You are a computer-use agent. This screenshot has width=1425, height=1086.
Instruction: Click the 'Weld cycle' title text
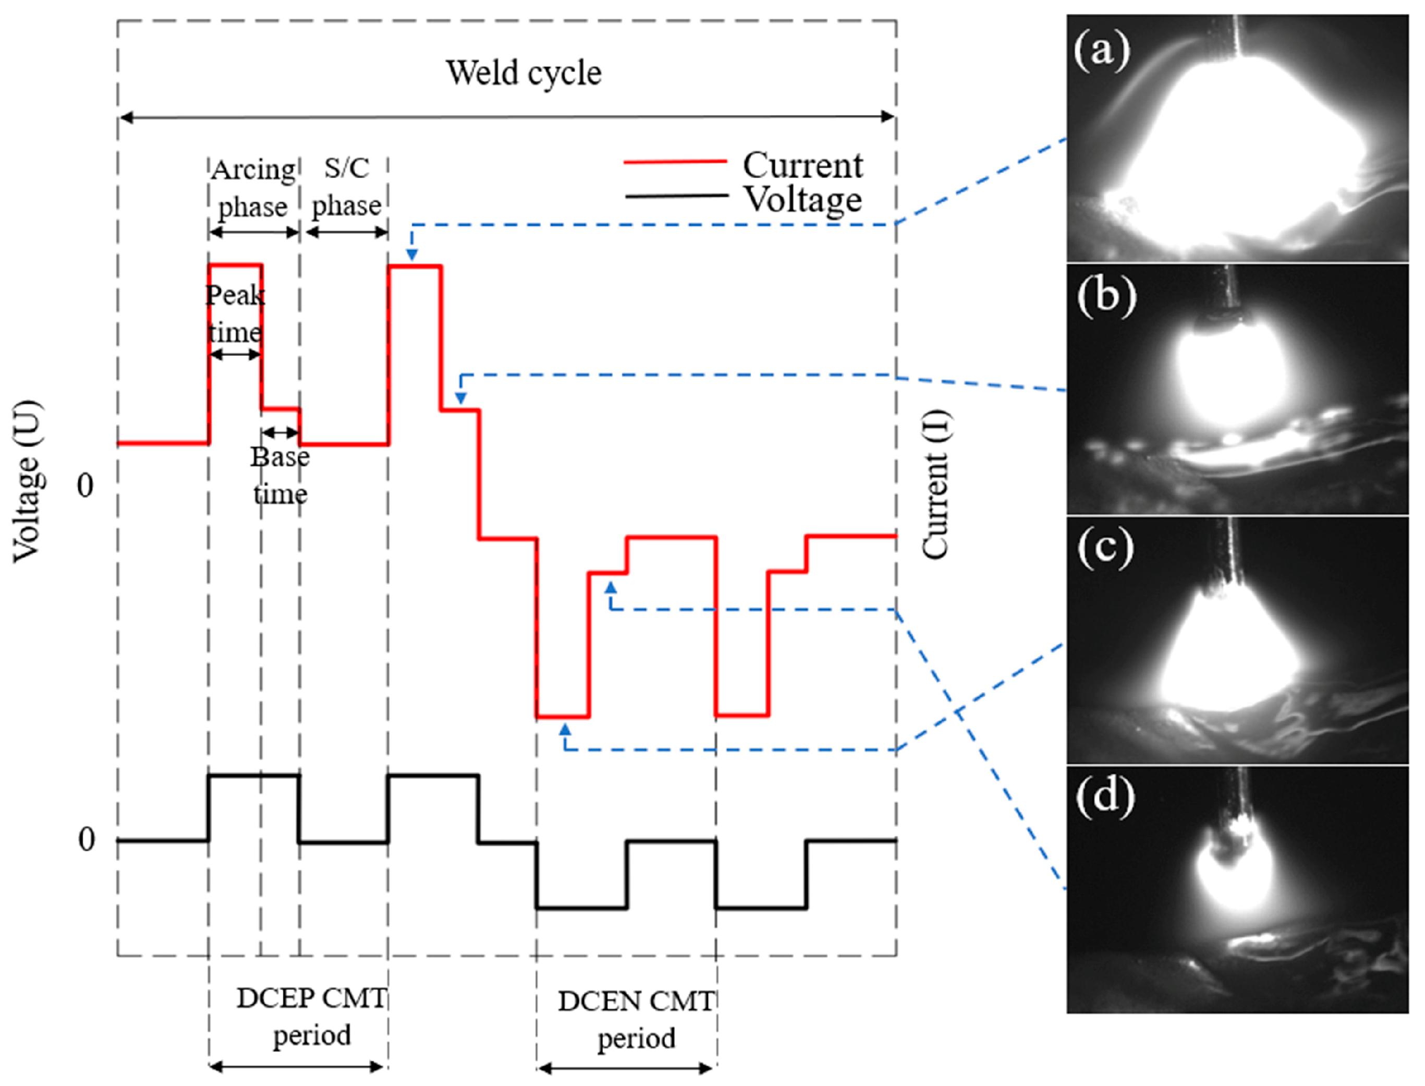click(523, 73)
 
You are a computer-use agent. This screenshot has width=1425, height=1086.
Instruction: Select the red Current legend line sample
click(675, 162)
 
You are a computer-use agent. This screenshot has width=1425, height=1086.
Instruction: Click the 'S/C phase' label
click(347, 187)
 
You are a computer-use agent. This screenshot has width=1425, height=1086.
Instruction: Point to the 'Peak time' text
click(235, 313)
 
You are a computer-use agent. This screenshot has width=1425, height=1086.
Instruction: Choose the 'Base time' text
click(280, 476)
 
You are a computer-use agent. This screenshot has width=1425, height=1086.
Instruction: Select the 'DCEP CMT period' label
click(311, 1017)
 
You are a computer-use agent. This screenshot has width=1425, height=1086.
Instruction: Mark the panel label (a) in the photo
click(1102, 51)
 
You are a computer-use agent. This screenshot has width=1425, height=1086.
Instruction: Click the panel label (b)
click(1106, 297)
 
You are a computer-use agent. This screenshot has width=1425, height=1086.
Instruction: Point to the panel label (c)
click(1104, 548)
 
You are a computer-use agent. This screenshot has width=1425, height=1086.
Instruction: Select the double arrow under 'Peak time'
click(235, 354)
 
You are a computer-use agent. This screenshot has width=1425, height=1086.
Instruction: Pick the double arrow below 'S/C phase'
click(347, 232)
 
